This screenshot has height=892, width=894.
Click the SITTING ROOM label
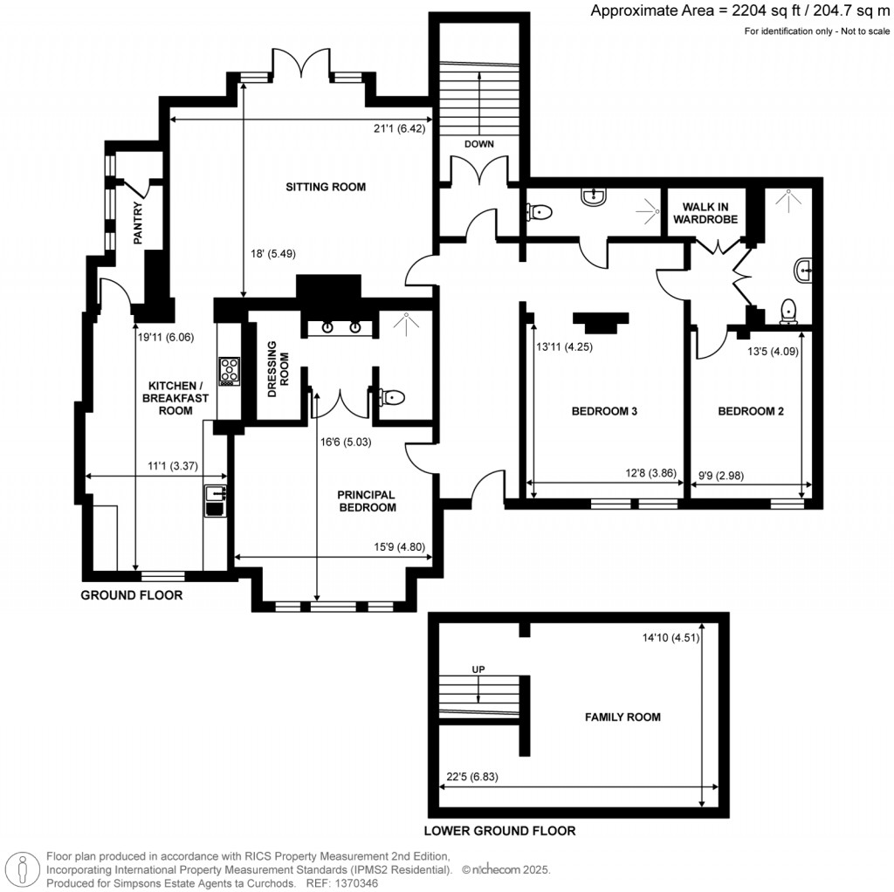(325, 187)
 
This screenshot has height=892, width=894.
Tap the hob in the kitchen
(229, 371)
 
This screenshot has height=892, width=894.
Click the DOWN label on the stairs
(478, 144)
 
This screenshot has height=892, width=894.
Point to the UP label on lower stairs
(478, 669)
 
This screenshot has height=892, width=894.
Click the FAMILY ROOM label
(622, 717)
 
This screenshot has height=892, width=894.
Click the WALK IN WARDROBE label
(706, 213)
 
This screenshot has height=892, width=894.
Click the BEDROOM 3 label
(604, 411)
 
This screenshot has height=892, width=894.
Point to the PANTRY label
(137, 223)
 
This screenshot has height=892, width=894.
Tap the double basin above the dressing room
(342, 327)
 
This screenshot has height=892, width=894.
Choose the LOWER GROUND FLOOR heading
(499, 831)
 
